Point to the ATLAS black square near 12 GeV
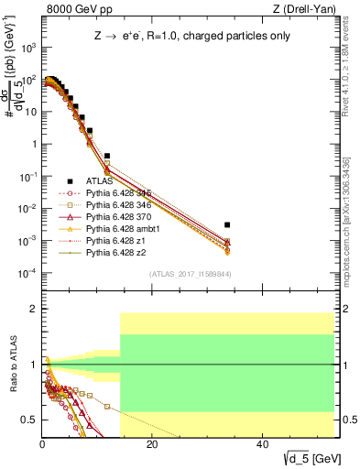tap(107, 157)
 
